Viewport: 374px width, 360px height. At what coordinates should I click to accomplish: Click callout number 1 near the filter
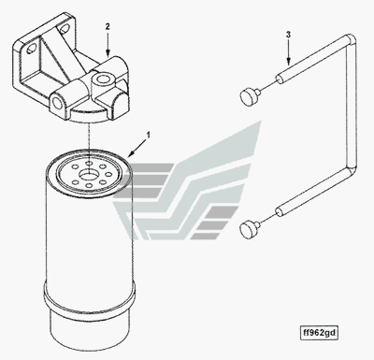coord(149,136)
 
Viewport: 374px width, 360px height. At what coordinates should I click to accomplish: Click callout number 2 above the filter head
coord(108,26)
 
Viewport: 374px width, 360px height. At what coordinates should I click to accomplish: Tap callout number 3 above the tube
coord(288,35)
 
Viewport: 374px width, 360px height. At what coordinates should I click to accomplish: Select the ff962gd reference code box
coord(319,333)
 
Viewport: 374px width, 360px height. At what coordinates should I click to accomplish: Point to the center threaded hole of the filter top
coord(89,174)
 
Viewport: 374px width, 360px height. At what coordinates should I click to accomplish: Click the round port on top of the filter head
coord(103,79)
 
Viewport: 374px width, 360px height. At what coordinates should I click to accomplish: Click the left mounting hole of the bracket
coord(32,49)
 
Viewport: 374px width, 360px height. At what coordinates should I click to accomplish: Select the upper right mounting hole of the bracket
coord(65,28)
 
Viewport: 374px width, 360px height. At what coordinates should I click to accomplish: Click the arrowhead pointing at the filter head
coord(108,53)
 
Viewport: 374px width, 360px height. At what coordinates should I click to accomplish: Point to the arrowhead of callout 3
coord(288,62)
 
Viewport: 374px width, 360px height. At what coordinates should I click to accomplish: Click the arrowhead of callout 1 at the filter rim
coord(131,153)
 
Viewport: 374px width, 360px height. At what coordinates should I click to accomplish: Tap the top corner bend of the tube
coord(351,40)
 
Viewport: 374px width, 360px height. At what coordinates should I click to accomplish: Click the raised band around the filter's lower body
coord(90,295)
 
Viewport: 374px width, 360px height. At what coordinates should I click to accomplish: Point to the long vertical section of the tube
coord(352,105)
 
